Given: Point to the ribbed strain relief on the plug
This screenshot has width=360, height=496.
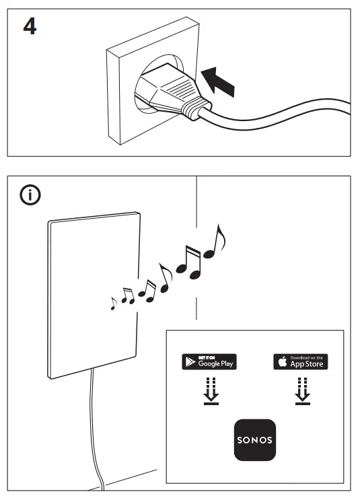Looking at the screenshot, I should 193,108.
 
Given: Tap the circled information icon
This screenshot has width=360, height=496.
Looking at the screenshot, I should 30,196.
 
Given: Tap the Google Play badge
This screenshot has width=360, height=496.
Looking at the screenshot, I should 209,361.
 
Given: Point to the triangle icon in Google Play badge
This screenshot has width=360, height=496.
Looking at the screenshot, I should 188,362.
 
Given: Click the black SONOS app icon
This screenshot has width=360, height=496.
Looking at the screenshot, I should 255,439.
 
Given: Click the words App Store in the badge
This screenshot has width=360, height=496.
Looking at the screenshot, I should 306,364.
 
